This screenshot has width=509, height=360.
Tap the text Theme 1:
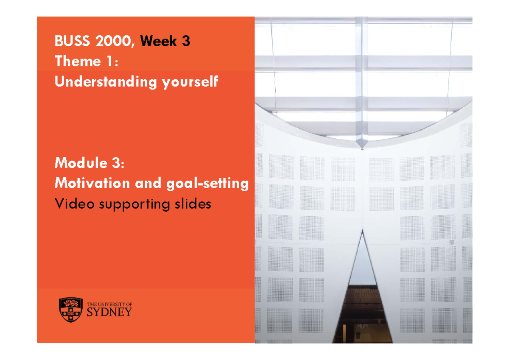(x=85, y=61)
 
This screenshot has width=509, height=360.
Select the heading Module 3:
(x=90, y=162)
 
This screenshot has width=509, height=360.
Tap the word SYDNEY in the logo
(x=109, y=313)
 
